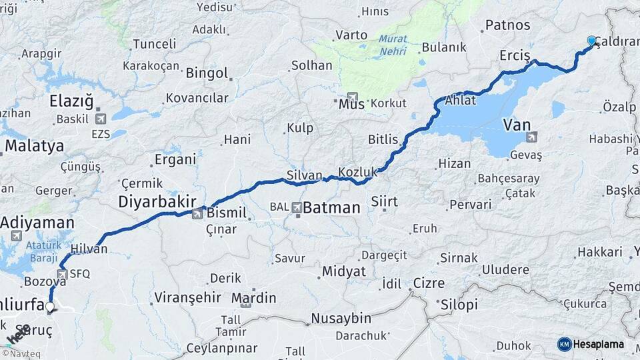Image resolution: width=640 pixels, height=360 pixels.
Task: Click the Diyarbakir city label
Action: [x=157, y=201]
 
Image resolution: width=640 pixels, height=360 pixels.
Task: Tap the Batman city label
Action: [x=331, y=208]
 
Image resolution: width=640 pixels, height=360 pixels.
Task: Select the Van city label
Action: [x=516, y=124]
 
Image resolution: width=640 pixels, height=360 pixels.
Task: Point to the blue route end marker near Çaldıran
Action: [x=591, y=41]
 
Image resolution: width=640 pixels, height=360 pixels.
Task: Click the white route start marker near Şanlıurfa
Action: [x=49, y=307]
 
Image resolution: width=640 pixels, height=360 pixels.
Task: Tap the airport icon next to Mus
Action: [x=352, y=97]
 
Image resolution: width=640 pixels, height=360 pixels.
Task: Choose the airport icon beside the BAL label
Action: [x=295, y=208]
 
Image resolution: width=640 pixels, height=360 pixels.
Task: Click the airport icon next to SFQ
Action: [x=62, y=273]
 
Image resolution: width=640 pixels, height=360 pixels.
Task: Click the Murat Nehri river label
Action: [x=393, y=44]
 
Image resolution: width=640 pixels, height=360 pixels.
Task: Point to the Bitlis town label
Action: [x=383, y=140]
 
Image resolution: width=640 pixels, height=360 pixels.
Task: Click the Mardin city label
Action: [x=253, y=297]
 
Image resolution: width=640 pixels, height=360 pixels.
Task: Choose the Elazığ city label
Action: [x=71, y=101]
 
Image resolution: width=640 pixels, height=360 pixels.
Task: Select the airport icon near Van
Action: [x=531, y=137]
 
